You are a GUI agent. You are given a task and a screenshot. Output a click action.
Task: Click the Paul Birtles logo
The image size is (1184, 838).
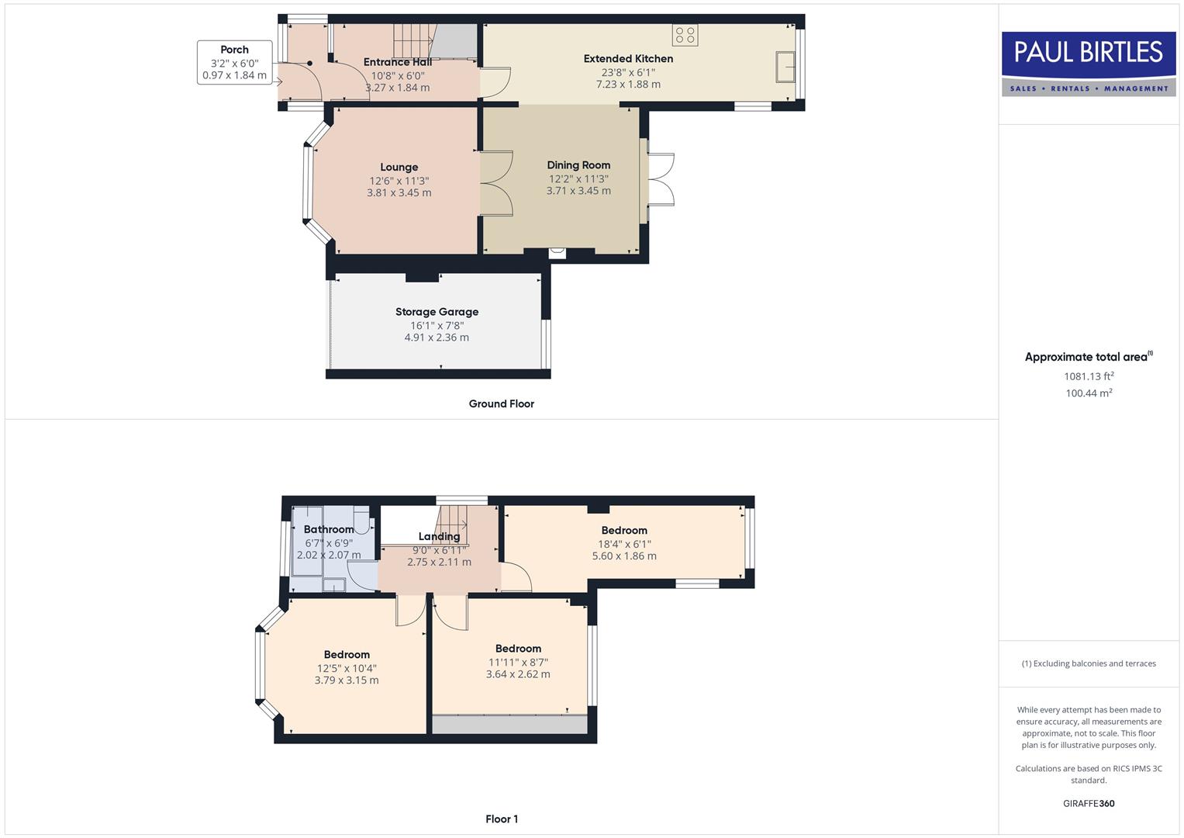1088,64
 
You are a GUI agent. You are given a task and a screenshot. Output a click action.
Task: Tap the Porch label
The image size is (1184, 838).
234,50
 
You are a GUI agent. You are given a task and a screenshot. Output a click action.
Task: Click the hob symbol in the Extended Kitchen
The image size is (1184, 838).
685,35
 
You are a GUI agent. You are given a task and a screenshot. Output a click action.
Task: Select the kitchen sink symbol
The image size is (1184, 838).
785,67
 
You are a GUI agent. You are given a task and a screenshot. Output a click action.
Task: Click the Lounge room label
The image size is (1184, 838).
399,167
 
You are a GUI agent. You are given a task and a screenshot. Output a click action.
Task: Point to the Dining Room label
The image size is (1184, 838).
578,164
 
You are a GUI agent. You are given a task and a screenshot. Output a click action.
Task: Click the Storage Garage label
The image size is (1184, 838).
437,312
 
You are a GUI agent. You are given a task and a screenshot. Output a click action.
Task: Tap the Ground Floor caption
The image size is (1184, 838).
501,403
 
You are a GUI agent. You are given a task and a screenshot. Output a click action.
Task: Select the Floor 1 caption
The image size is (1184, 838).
501,819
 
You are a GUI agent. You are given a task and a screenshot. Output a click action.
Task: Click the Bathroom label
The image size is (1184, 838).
329,529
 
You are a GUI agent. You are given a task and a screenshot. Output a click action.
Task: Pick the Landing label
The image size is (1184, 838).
439,536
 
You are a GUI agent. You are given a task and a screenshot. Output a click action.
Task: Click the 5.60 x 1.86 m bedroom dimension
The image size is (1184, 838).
624,556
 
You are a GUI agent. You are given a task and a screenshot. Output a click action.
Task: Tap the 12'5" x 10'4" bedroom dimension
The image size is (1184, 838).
347,668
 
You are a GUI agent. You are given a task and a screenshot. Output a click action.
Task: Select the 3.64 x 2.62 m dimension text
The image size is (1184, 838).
518,674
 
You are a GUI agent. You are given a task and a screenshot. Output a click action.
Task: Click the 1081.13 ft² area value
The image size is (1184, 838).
1089,376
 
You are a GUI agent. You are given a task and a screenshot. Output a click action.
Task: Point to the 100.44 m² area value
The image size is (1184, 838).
1089,393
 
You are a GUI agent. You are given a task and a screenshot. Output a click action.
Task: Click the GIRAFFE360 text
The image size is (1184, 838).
1089,803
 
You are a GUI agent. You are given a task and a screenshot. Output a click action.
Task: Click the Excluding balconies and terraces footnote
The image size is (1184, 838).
1089,663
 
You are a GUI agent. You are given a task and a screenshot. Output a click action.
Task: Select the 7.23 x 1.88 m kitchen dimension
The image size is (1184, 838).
628,85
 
